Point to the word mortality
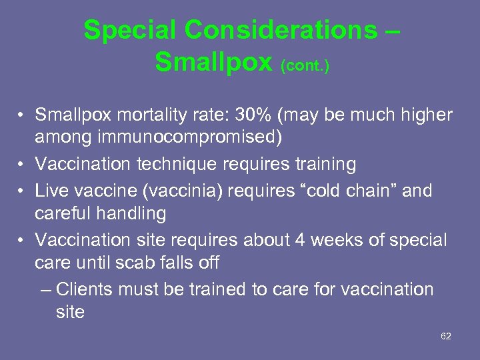pyautogui.click(x=136, y=115)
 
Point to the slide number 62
pyautogui.click(x=446, y=336)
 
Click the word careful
pyautogui.click(x=65, y=213)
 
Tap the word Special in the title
pyautogui.click(x=131, y=30)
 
